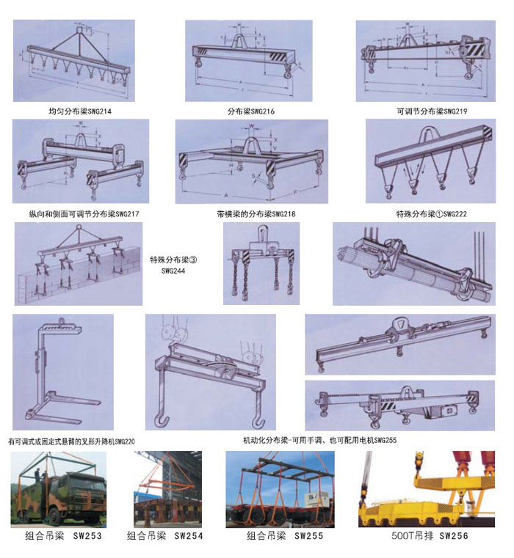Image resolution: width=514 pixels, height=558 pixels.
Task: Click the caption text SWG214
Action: point(99,111)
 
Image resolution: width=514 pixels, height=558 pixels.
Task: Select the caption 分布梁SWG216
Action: point(251,111)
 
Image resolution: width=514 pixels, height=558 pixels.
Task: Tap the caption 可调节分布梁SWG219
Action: point(432,111)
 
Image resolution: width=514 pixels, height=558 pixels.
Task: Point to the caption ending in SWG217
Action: point(84,214)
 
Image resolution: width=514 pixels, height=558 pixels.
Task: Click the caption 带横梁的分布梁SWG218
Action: point(256,214)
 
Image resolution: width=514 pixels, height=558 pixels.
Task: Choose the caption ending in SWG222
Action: point(431,214)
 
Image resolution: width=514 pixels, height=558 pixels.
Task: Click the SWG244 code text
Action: point(173,271)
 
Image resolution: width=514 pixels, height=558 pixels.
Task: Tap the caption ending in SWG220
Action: point(72,441)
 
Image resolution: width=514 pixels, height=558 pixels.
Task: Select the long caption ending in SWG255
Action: point(319,440)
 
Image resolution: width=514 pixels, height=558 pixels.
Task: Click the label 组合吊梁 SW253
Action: point(63,535)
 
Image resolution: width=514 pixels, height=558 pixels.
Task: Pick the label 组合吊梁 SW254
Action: point(165,535)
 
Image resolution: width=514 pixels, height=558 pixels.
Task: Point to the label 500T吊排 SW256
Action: point(430,535)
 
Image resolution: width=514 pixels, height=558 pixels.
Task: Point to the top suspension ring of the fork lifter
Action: point(63,321)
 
